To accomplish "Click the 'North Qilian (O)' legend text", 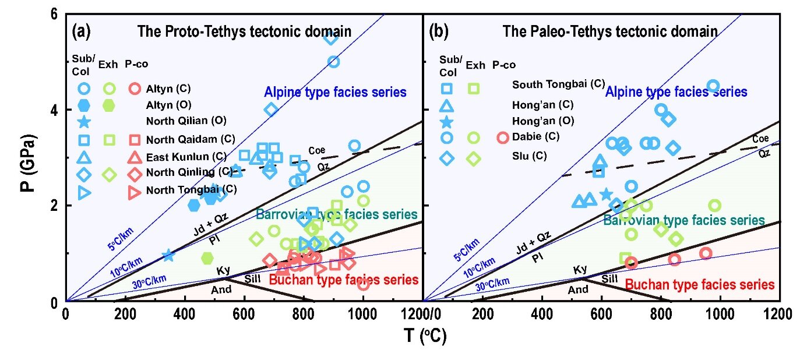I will point(186,122).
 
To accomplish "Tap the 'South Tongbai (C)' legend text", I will point(558,84).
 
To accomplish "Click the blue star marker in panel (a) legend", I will point(84,122).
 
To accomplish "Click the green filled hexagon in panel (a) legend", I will point(108,105).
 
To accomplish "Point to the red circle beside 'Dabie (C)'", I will point(503,138).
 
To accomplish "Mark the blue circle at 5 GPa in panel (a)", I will point(333,62).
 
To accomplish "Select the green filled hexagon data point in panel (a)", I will point(207,257).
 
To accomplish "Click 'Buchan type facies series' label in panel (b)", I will point(699,284).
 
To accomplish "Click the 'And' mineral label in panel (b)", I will point(578,290).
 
